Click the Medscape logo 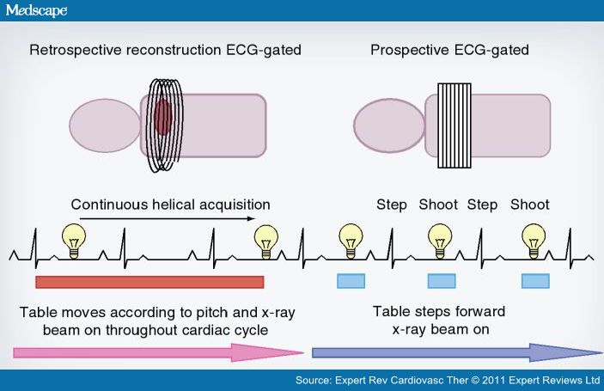[35, 11]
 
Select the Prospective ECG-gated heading [448, 49]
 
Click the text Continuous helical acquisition [170, 205]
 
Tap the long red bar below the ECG [149, 282]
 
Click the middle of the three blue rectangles [441, 281]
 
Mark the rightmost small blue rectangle [534, 281]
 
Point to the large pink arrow [159, 351]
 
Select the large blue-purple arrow [456, 351]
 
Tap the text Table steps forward [438, 310]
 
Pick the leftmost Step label [391, 205]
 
